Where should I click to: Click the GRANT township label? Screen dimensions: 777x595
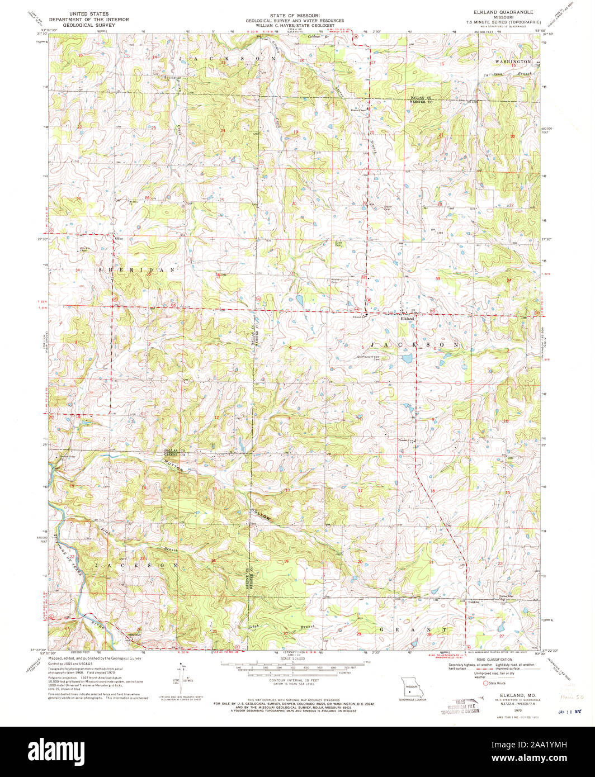[x=414, y=629]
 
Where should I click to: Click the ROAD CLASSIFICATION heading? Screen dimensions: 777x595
[x=503, y=659]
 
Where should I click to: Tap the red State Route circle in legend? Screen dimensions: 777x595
[x=486, y=683]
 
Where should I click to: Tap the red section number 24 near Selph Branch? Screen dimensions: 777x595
[x=213, y=560]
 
